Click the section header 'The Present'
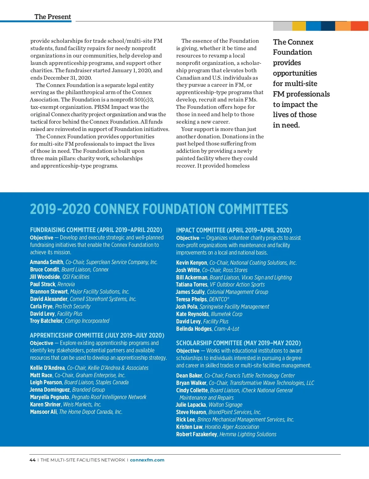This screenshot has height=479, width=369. click(53, 17)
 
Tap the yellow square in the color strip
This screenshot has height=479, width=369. click(299, 26)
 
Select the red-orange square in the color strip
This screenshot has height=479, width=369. click(359, 26)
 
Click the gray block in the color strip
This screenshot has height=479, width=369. click(283, 26)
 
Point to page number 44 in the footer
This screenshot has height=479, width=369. click(32, 460)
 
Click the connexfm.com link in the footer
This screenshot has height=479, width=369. click(147, 460)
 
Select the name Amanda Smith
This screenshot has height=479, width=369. click(46, 262)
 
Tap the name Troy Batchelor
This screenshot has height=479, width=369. click(46, 321)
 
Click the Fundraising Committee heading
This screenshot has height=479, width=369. click(96, 230)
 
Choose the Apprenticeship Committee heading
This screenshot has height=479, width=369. click(97, 335)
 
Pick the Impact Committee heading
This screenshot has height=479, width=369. click(234, 230)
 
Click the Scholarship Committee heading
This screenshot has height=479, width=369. click(238, 343)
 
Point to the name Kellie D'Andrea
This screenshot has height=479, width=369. click(47, 368)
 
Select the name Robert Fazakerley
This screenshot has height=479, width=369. click(196, 434)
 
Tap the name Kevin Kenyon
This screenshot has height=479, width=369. click(192, 263)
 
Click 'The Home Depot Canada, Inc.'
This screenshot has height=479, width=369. click(91, 412)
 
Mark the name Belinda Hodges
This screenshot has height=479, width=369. click(194, 329)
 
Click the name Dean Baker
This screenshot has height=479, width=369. click(189, 376)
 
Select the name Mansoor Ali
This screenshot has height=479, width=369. click(43, 412)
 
